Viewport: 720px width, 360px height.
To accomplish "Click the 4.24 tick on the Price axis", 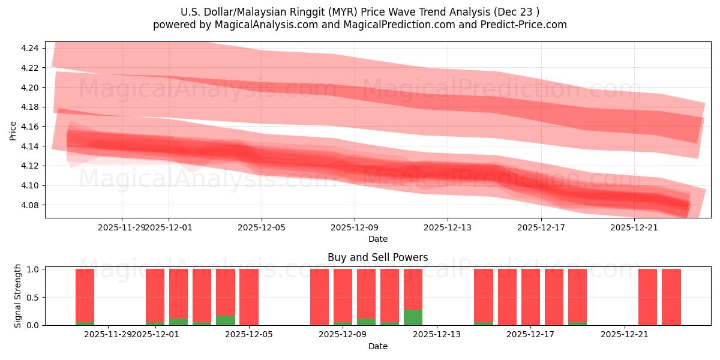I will [x=30, y=48].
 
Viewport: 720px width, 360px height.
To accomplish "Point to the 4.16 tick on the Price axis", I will [x=30, y=127].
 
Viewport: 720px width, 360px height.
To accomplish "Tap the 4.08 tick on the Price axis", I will [x=30, y=205].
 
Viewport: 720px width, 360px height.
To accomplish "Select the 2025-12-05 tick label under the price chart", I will [x=262, y=227].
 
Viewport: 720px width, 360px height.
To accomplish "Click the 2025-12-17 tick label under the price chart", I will [x=541, y=227].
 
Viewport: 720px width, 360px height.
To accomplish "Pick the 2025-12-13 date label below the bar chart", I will [x=437, y=334].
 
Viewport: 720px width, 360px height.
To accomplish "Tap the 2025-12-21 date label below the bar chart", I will [x=625, y=334].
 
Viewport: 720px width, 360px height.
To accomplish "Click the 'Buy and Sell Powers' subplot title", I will [x=377, y=257].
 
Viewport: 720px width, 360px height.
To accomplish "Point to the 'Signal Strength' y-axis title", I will [x=18, y=296].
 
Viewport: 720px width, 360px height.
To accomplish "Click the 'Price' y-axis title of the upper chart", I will [x=13, y=130].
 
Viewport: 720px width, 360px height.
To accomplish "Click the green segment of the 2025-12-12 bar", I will [x=413, y=317].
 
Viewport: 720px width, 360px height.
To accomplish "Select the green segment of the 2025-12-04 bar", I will [x=226, y=320].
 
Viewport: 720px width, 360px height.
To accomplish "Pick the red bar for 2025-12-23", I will [x=671, y=297].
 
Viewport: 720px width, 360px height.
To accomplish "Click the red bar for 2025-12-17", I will [x=530, y=297].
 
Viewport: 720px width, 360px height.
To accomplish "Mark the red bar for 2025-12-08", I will [x=319, y=297].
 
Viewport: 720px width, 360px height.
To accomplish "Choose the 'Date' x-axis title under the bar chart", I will [x=377, y=346].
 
